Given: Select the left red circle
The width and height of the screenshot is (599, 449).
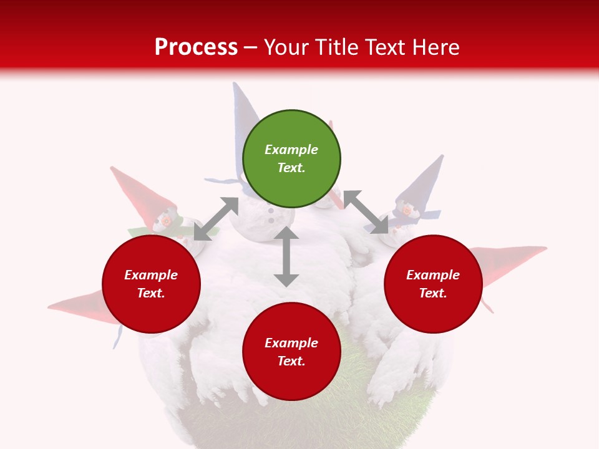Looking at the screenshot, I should [151, 284].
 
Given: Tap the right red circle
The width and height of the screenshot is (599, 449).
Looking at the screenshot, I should [433, 284].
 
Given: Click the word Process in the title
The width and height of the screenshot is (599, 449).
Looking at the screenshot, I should [196, 47].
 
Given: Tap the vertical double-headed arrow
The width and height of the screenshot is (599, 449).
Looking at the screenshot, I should [286, 256].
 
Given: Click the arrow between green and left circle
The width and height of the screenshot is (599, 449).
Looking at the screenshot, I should [216, 219].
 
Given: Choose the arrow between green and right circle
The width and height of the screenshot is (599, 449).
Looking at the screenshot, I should [366, 212].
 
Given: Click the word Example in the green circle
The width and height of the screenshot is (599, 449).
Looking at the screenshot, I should [291, 150].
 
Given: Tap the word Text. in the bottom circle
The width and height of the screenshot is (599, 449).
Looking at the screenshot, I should [291, 361].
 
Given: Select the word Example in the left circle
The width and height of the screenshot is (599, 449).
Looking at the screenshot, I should [151, 275].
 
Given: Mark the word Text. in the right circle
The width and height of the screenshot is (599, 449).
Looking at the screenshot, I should [433, 293].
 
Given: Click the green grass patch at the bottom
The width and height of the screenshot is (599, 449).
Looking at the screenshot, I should [293, 418].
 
